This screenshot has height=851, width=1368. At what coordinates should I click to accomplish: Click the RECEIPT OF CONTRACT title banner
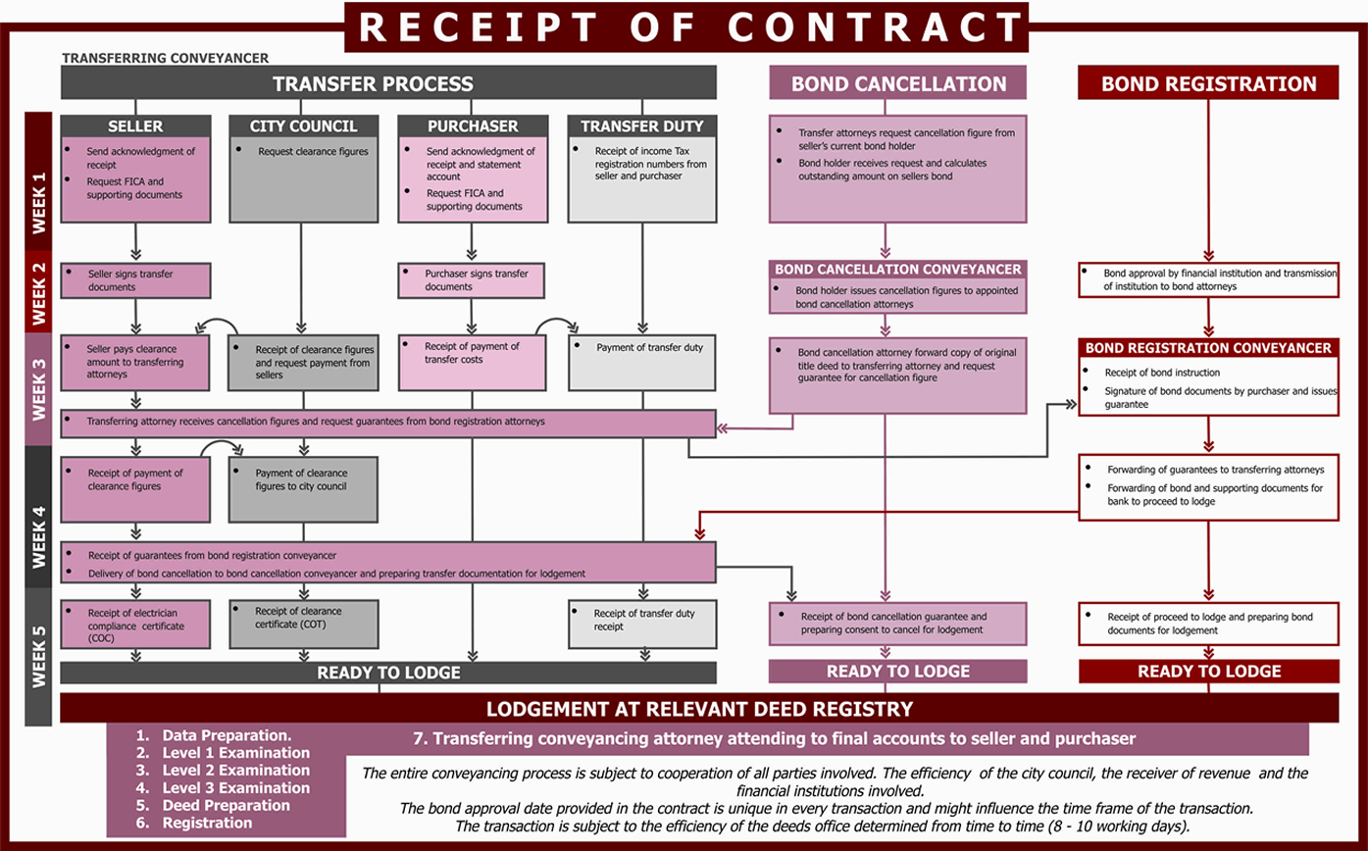(685, 25)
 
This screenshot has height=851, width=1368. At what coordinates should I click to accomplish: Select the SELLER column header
(135, 126)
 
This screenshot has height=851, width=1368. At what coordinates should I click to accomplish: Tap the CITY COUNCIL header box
(303, 126)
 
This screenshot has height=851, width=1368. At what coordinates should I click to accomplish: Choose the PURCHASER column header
(473, 126)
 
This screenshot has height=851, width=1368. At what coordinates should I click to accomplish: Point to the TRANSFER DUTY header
(642, 126)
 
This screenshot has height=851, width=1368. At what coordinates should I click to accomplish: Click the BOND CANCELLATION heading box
(898, 83)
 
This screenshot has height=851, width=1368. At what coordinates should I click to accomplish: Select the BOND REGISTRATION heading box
(1208, 83)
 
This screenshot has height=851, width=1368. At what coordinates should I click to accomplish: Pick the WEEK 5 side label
(38, 637)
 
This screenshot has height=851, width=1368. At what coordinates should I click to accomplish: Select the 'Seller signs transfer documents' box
(135, 280)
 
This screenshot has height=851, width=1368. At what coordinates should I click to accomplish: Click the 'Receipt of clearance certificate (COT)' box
(303, 624)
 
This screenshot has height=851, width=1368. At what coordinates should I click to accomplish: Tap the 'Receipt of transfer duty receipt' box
(642, 624)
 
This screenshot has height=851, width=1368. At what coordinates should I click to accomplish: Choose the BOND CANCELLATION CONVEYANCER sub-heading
(898, 269)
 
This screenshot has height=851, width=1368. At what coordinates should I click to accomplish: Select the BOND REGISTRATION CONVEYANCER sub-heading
(1208, 348)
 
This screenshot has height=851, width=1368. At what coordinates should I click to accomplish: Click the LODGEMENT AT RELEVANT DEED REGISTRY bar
(699, 708)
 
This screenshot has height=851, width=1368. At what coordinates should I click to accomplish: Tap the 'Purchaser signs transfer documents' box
(472, 280)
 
